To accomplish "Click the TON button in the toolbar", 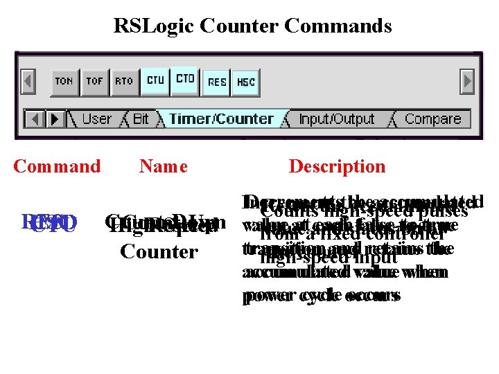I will [64, 81].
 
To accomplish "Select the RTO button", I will [124, 81].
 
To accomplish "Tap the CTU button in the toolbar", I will [155, 80].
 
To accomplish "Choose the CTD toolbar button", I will [185, 79].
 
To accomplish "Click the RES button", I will [217, 82].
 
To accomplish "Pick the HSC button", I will [246, 82].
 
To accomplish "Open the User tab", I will [96, 119].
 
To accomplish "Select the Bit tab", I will [141, 119].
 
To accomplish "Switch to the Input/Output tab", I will [336, 119].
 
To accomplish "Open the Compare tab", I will [432, 119].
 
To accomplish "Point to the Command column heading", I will [57, 166].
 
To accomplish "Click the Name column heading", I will [163, 166].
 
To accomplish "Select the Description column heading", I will [337, 166].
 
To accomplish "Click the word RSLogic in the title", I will [154, 26].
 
